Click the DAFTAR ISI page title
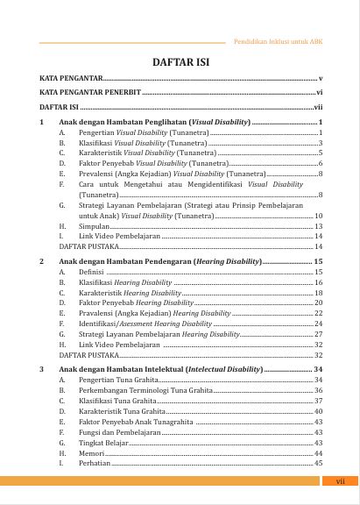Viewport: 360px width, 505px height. [180, 62]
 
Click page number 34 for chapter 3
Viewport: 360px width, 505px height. [318, 370]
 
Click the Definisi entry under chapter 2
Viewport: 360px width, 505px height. [91, 272]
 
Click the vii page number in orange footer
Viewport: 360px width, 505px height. [341, 481]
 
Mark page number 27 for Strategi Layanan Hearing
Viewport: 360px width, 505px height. [319, 334]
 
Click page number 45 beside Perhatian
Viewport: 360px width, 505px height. [319, 463]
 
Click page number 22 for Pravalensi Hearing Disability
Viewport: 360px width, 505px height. [319, 313]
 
